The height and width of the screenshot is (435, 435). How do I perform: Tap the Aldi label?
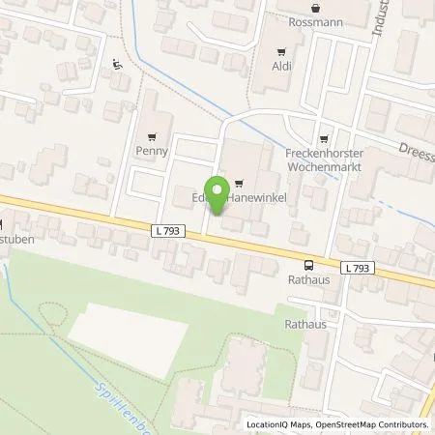pyautogui.click(x=281, y=67)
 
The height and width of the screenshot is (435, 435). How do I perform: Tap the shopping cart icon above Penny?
pyautogui.click(x=152, y=136)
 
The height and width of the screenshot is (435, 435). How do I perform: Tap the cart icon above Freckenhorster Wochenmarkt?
pyautogui.click(x=322, y=137)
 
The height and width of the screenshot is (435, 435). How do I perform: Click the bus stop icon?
pyautogui.click(x=308, y=266)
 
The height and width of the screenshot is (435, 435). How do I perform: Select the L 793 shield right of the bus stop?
pyautogui.click(x=355, y=267)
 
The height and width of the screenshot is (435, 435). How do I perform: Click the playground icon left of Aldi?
pyautogui.click(x=117, y=65)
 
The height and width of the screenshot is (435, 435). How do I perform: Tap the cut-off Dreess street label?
pyautogui.click(x=415, y=146)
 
